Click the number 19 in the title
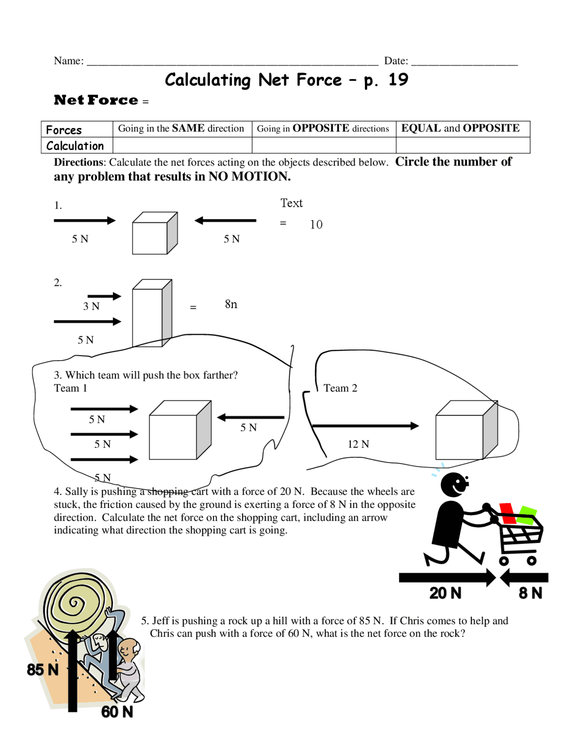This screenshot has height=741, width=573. [x=398, y=80]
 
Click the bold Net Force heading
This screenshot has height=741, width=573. [x=96, y=100]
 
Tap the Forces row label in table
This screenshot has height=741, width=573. [x=64, y=130]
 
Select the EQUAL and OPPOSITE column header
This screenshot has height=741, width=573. [x=460, y=128]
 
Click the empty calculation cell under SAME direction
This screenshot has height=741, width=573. [x=182, y=145]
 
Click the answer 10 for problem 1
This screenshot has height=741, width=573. [x=316, y=225]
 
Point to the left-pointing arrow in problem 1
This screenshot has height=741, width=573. [x=225, y=220]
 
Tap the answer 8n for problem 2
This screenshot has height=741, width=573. [x=231, y=304]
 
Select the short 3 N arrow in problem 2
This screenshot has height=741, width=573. [x=104, y=296]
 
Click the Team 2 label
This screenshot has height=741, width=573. [x=340, y=388]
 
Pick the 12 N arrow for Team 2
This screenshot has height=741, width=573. [x=365, y=426]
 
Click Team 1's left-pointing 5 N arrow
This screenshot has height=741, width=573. [x=250, y=417]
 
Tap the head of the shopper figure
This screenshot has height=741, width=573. [x=454, y=485]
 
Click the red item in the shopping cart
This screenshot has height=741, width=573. [x=508, y=513]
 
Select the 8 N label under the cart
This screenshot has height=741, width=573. [x=530, y=593]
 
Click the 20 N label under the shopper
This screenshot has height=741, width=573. [x=445, y=593]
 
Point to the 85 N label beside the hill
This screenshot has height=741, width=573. [x=43, y=669]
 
